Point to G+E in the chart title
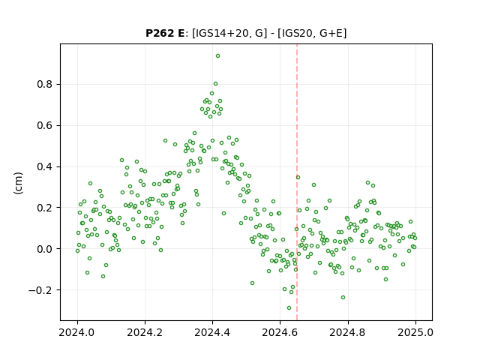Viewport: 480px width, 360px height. (331, 33)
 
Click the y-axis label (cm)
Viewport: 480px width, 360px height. (18, 183)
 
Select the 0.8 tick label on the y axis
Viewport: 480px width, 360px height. (46, 84)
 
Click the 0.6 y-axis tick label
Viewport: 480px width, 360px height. (46, 125)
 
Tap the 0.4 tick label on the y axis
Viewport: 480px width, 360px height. (46, 166)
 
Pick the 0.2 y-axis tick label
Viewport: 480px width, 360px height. (46, 208)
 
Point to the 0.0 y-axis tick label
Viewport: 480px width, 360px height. (46, 249)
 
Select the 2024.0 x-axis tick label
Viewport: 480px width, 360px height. (77, 332)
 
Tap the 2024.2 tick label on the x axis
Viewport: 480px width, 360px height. (145, 332)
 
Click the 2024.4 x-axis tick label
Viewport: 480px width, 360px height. (212, 332)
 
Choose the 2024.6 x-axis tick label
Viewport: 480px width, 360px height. (280, 332)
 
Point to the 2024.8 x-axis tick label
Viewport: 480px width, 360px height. (348, 332)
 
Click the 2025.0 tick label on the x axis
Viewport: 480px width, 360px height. (415, 332)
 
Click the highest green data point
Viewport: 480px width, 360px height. (217, 55)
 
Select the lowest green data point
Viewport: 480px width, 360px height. (289, 307)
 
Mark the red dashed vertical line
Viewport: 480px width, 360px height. (297, 182)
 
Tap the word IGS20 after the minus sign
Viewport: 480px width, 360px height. (297, 33)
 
